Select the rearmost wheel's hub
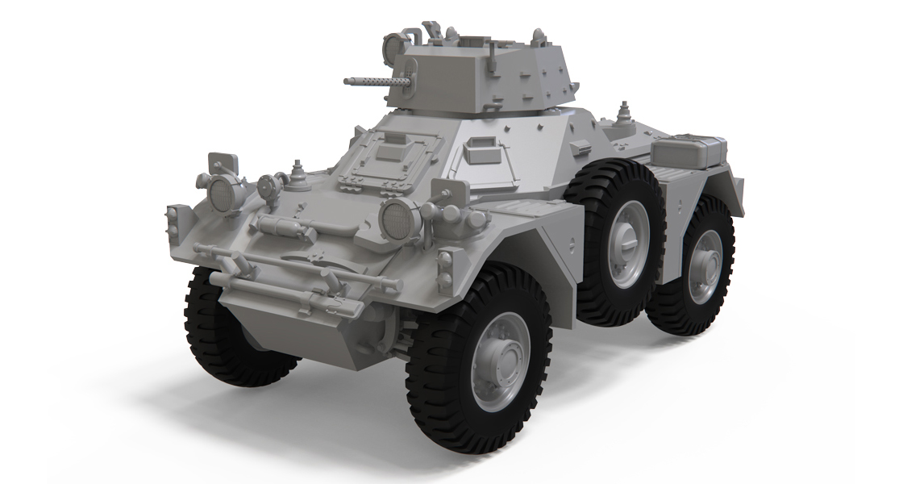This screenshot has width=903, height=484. coord(704,265)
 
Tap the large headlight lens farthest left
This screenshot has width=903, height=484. coord(223,191)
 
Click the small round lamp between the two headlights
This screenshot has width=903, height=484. coord(268,186)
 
